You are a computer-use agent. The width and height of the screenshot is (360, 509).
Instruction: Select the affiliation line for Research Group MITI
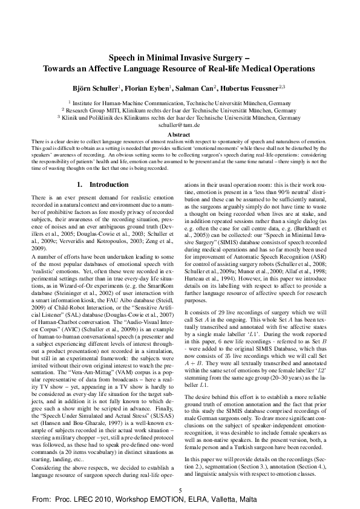[x=179, y=111]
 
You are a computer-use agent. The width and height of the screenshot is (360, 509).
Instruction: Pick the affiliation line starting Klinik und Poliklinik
[x=179, y=118]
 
